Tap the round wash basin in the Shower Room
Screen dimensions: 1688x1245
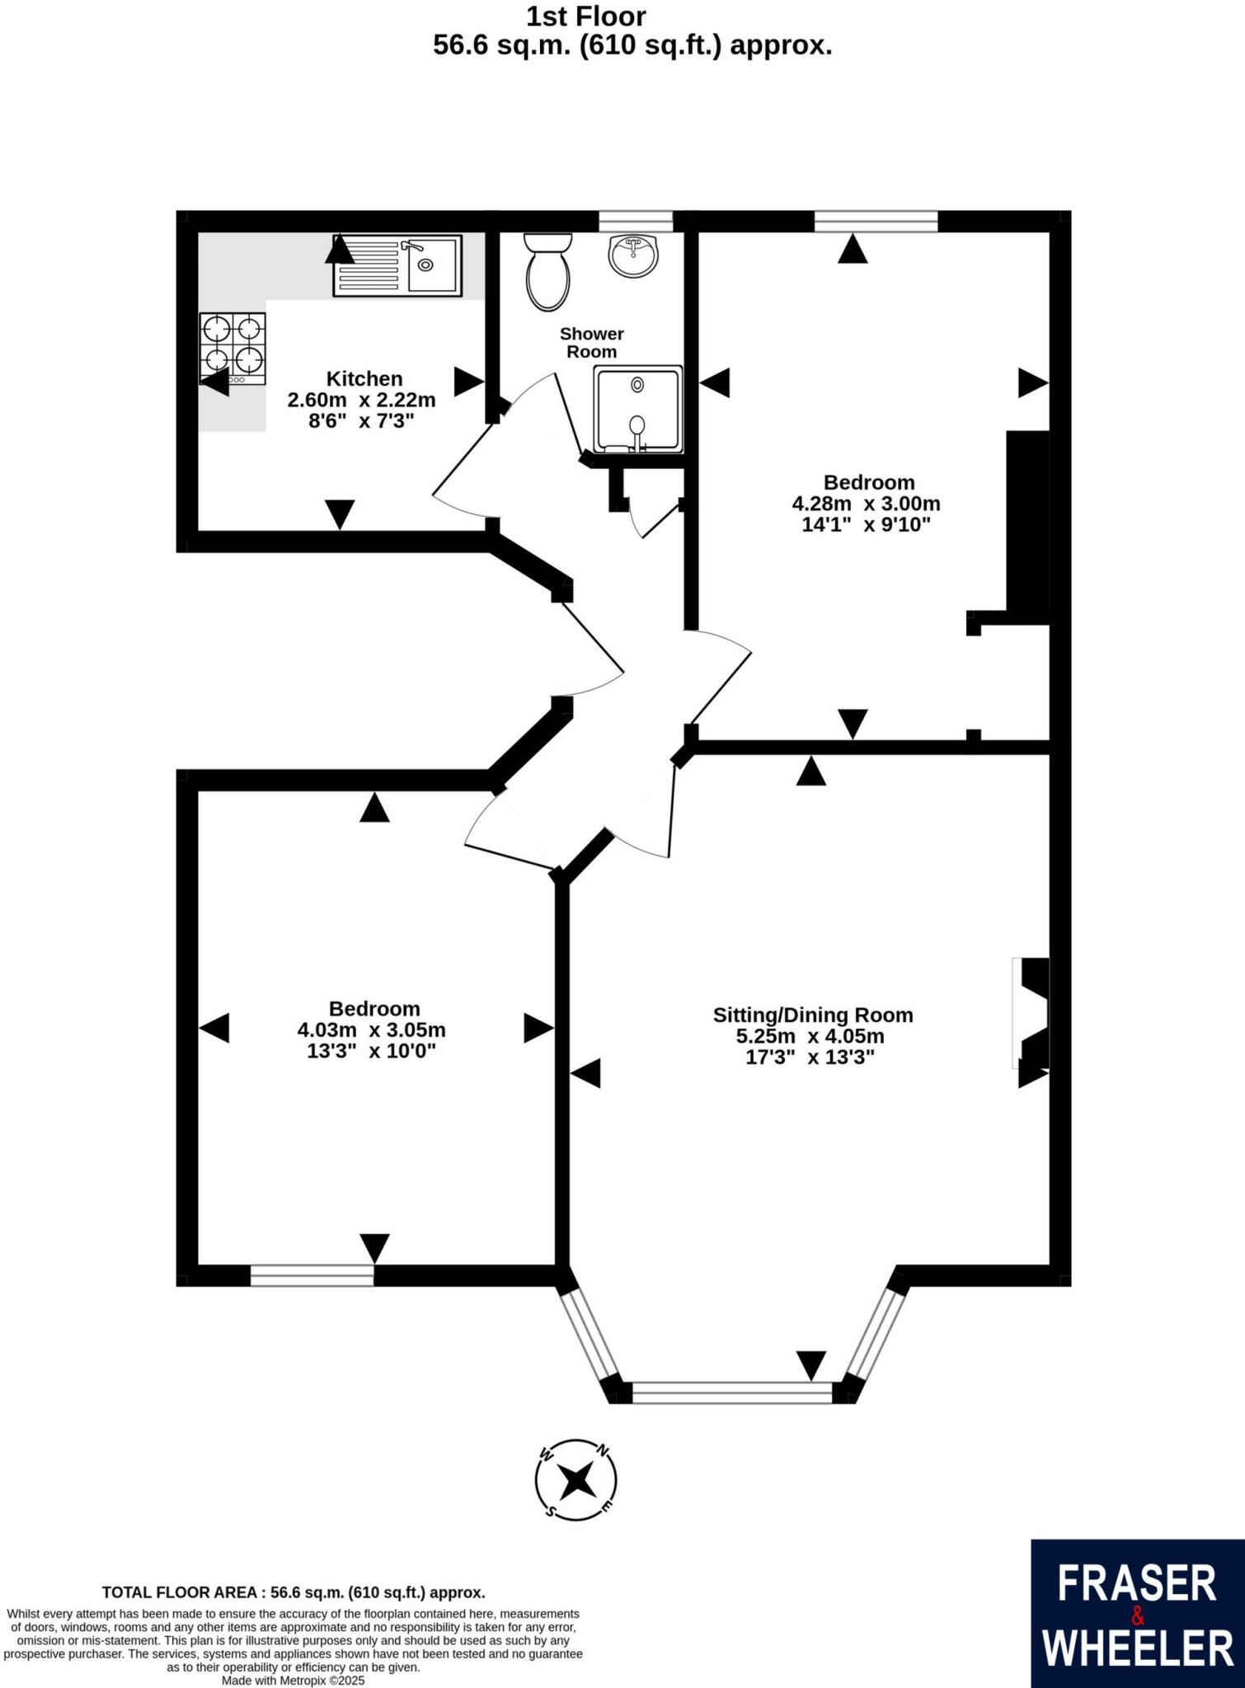(x=633, y=256)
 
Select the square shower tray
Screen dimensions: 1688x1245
(x=638, y=410)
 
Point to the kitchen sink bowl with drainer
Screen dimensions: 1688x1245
(x=397, y=265)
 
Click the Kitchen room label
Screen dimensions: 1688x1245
(x=364, y=379)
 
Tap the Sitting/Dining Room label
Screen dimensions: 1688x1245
(x=812, y=1015)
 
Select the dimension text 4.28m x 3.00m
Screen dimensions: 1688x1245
(x=866, y=504)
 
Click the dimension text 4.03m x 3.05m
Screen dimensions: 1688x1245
(x=371, y=1030)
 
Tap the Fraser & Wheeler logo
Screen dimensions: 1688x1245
(x=1137, y=1614)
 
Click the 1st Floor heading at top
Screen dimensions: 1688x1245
(x=585, y=16)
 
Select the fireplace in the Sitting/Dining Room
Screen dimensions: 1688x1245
(x=1032, y=1013)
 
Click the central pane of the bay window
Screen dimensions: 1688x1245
(x=732, y=1393)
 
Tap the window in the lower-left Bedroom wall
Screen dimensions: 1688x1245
(x=312, y=1275)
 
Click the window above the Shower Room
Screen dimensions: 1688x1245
(x=635, y=221)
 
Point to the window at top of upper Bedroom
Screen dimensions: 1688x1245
(x=876, y=221)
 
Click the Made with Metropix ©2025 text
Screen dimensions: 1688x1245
(x=293, y=1680)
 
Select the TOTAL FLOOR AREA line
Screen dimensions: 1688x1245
(x=293, y=1593)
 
